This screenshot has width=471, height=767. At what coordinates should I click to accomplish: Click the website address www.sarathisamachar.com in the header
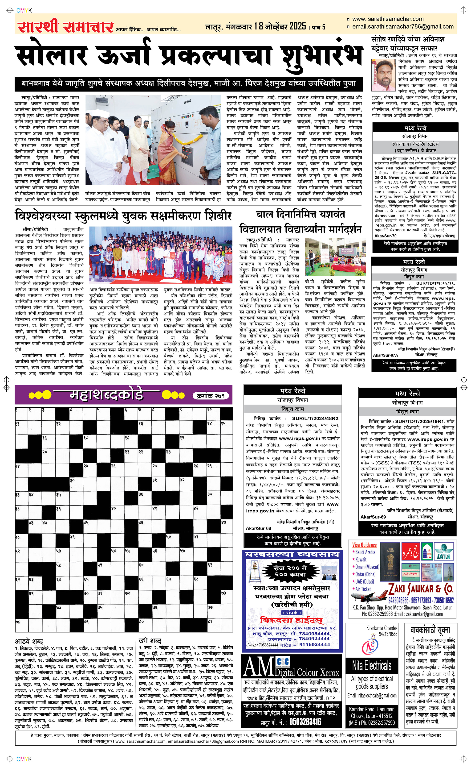[x=388, y=19]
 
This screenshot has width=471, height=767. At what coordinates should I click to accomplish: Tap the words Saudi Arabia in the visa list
[x=365, y=552]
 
